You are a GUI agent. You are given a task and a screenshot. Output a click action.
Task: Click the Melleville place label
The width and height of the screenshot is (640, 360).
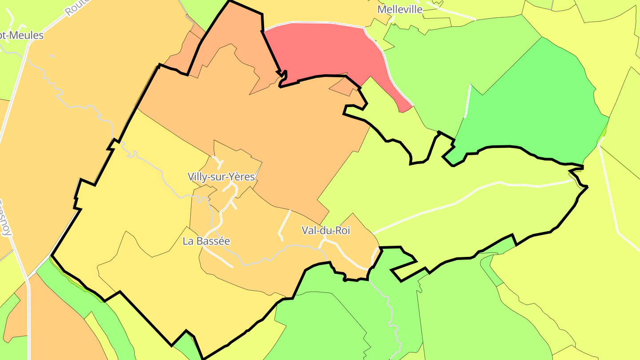point(400,9)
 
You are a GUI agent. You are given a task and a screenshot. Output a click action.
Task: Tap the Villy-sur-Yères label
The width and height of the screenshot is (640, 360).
point(221,177)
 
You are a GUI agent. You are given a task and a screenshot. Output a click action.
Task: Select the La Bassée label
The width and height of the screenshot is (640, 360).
point(206,241)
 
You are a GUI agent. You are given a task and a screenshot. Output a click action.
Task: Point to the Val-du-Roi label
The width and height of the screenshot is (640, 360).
point(326,230)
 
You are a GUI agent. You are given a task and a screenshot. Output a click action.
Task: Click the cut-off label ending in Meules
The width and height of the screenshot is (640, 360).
point(22,35)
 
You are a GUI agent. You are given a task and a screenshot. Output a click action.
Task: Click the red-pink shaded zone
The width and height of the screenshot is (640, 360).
point(324,49)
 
